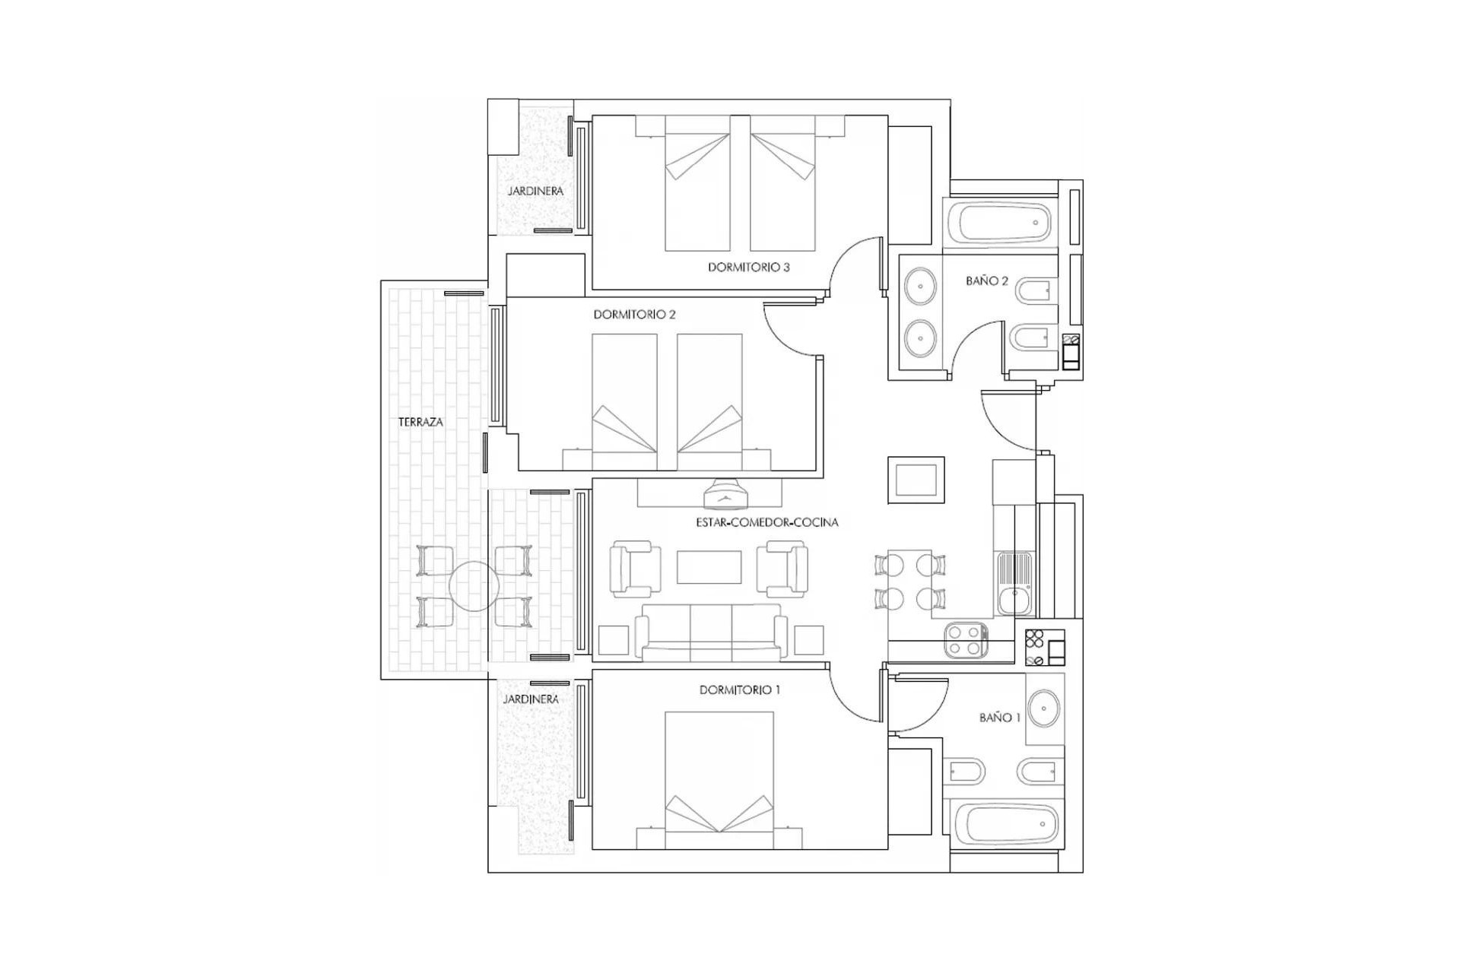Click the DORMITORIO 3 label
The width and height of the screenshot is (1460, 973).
(748, 268)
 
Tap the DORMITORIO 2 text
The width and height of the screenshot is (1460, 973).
(634, 315)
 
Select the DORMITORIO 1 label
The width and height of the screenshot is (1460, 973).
(739, 690)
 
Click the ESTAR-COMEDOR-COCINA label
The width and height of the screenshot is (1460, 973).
(766, 523)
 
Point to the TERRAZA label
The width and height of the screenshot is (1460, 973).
(421, 423)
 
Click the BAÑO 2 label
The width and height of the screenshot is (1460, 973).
(986, 281)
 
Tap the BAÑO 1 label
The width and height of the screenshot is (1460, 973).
(999, 718)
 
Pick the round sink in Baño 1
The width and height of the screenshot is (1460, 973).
(1044, 708)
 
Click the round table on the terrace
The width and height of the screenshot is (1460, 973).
(474, 586)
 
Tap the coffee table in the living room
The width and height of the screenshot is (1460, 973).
(709, 567)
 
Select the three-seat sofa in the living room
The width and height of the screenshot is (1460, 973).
(711, 631)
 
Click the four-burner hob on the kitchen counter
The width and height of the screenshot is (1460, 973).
(966, 640)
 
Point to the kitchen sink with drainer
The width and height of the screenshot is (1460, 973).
(1014, 584)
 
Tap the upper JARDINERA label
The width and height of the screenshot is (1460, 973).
(535, 192)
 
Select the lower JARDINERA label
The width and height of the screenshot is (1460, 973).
(531, 699)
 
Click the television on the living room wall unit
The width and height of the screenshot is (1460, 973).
(725, 496)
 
